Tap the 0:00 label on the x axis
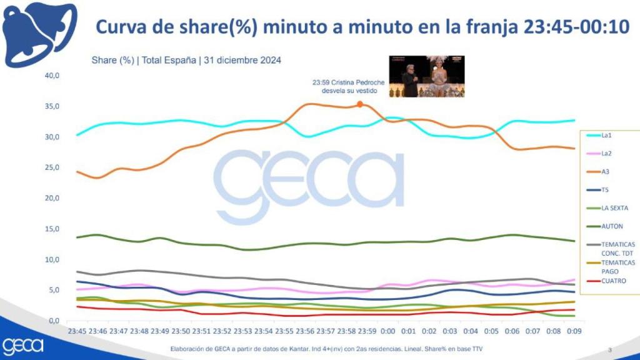387,331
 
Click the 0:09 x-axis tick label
574,331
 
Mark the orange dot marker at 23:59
359,104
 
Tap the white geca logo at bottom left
23,345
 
